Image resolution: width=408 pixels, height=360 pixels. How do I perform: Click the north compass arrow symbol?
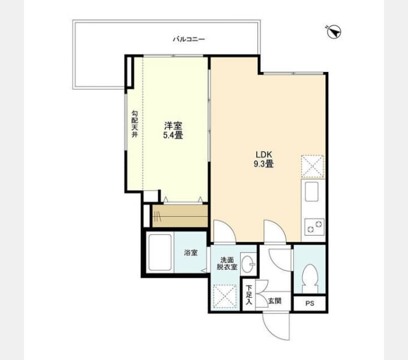tap(334, 32)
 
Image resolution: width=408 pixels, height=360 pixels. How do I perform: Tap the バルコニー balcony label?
tap(189, 39)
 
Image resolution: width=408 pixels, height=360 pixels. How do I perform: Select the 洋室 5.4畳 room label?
tap(173, 131)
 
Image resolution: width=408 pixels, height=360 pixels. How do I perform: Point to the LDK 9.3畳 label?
tap(263, 159)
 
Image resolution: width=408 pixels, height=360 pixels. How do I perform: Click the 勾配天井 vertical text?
tap(134, 124)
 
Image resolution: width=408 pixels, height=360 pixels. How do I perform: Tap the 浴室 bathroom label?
tap(191, 253)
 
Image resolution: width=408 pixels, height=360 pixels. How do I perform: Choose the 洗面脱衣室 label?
tap(227, 263)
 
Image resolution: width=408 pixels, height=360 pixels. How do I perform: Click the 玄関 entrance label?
tap(275, 301)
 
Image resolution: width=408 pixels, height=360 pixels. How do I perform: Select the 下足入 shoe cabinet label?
tap(249, 295)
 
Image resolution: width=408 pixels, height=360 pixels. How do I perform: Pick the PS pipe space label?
tap(310, 303)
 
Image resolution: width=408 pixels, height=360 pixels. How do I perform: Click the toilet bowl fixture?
tap(310, 278)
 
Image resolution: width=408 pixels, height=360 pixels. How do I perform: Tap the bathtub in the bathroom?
tap(160, 253)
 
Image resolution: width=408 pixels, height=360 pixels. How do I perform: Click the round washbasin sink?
tap(247, 264)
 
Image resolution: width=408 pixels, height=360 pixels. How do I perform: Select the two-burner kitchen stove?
tap(314, 227)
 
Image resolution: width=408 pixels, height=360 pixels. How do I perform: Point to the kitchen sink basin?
tap(312, 191)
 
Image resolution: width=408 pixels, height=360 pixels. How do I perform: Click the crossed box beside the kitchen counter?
tap(313, 167)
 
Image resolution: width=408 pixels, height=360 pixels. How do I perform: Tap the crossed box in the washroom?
tap(225, 296)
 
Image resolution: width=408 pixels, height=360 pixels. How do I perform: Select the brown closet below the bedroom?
tap(180, 216)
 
